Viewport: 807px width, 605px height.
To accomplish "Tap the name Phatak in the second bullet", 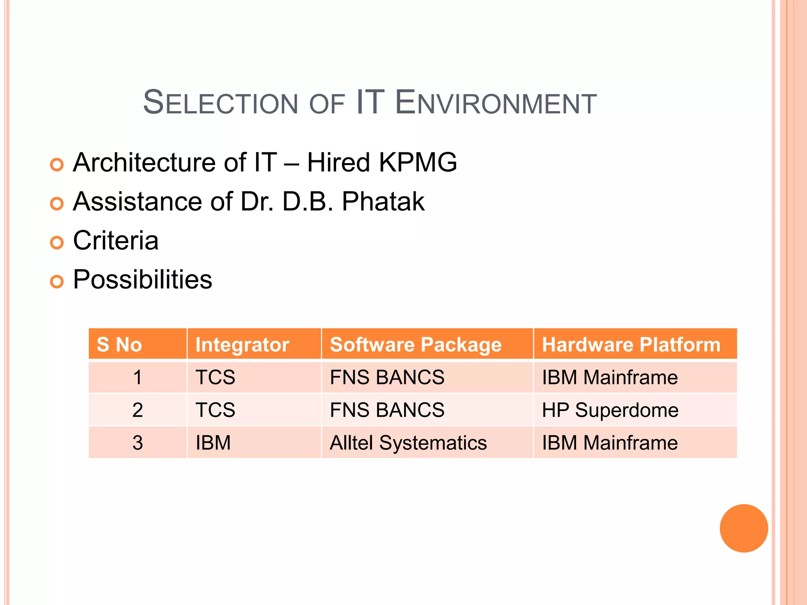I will pyautogui.click(x=383, y=202).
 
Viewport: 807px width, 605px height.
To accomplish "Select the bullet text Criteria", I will pyautogui.click(x=116, y=241).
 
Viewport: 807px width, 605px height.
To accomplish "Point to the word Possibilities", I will pyautogui.click(x=143, y=280).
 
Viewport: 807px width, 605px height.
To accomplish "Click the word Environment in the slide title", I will pyautogui.click(x=496, y=103).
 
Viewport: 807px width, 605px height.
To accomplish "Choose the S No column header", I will pyautogui.click(x=119, y=345).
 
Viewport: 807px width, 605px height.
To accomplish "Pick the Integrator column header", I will pyautogui.click(x=242, y=345).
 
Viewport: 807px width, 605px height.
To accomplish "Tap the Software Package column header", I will pyautogui.click(x=416, y=345).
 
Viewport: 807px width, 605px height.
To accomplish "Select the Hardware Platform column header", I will pyautogui.click(x=631, y=345).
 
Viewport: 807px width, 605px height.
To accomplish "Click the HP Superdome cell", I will pyautogui.click(x=610, y=410).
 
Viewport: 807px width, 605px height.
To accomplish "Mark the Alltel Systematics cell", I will pyautogui.click(x=408, y=443).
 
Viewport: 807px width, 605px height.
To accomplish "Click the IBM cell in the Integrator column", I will pyautogui.click(x=213, y=443).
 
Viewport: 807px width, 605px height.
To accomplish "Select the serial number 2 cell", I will pyautogui.click(x=138, y=410).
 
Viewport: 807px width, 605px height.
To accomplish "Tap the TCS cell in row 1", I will pyautogui.click(x=216, y=377).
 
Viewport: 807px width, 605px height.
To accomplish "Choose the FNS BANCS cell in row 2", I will pyautogui.click(x=387, y=410).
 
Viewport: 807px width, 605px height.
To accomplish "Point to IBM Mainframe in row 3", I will pyautogui.click(x=610, y=443).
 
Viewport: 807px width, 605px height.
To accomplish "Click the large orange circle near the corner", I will pyautogui.click(x=744, y=528).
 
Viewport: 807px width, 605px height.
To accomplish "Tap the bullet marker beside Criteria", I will pyautogui.click(x=57, y=243).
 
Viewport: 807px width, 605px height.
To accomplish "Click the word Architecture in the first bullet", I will pyautogui.click(x=144, y=163).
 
